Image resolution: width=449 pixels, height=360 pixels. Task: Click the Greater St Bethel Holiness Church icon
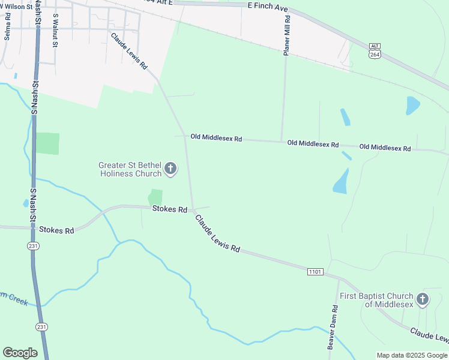tap(170, 169)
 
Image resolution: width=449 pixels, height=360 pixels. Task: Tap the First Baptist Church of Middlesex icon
tap(423, 299)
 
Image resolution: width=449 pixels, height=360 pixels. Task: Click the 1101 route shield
tap(315, 272)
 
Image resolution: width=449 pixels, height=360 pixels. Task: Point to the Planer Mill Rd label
tap(287, 35)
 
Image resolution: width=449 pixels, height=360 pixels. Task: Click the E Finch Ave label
tap(268, 6)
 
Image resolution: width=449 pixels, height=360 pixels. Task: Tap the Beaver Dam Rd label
tap(333, 328)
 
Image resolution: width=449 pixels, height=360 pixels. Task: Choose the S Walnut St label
tap(55, 30)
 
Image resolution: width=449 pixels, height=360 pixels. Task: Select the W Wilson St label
tap(13, 7)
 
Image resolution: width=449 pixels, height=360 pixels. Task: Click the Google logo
tap(20, 353)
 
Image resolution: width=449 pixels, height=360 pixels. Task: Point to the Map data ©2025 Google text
tap(412, 355)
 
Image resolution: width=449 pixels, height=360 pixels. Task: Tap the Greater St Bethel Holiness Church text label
tap(131, 169)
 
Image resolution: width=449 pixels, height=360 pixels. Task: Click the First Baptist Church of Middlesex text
tap(376, 300)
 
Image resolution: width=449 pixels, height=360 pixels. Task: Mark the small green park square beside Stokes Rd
tap(155, 197)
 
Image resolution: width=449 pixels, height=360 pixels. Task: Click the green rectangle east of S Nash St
tap(48, 143)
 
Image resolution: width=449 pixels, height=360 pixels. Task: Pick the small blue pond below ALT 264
tap(413, 106)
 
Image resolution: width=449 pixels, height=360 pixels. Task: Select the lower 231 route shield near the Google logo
tap(41, 327)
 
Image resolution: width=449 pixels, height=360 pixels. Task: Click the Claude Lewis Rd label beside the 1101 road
tap(217, 234)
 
